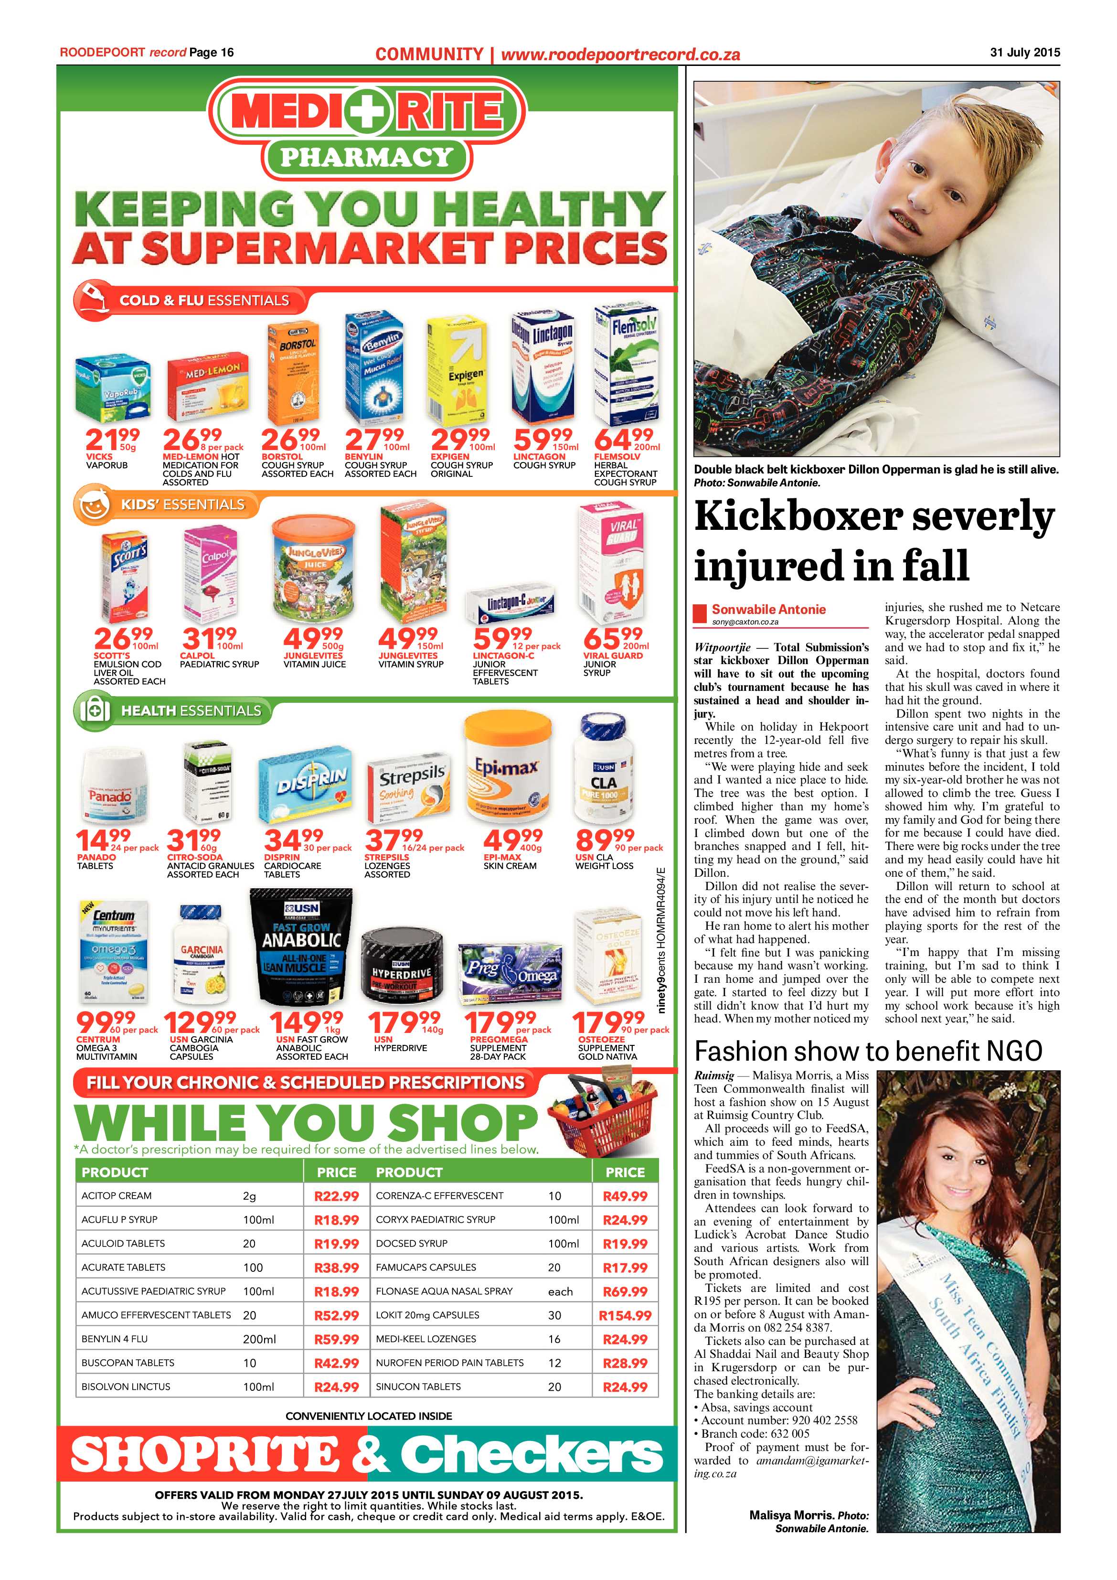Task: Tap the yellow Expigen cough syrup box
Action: pos(457,372)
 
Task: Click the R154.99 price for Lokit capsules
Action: pos(625,1315)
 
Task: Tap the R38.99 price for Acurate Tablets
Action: pos(336,1267)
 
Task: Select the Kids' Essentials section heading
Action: pos(182,505)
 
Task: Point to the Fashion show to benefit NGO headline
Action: pos(868,1051)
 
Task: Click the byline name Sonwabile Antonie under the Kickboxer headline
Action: pos(768,609)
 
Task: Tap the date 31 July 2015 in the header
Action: pos(1025,52)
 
